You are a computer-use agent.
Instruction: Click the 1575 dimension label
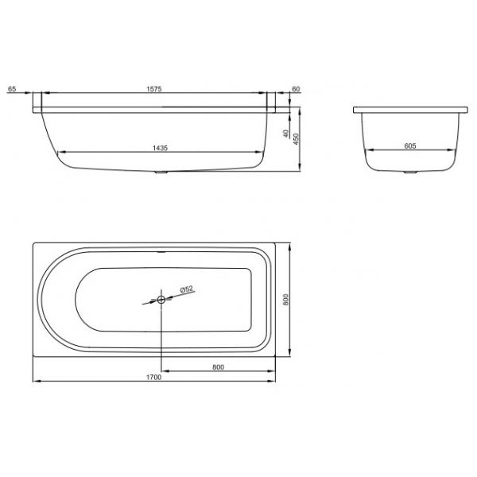[x=154, y=89]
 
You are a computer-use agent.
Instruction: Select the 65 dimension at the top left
[x=12, y=89]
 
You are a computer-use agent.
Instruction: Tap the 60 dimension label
[x=296, y=89]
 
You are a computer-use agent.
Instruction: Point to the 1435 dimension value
[x=160, y=148]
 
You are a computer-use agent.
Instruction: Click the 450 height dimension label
[x=296, y=139]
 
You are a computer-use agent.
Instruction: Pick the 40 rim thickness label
[x=285, y=134]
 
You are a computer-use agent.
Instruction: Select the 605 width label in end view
[x=410, y=146]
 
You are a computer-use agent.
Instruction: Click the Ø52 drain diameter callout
[x=187, y=289]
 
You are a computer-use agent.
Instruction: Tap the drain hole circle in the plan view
[x=161, y=300]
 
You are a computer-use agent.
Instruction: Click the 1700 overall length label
[x=154, y=378]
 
